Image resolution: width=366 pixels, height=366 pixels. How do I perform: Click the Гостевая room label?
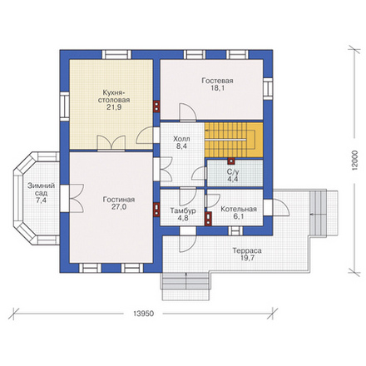click(x=217, y=81)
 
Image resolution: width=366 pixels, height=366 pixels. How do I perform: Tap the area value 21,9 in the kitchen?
click(x=114, y=107)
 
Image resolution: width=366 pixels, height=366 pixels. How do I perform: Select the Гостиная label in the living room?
click(x=119, y=200)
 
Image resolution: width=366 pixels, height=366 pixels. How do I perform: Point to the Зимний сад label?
click(x=41, y=190)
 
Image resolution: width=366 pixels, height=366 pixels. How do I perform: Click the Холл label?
click(x=181, y=139)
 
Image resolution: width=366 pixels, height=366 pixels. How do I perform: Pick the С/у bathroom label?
click(x=233, y=172)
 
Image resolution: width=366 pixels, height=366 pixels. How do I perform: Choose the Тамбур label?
click(x=183, y=210)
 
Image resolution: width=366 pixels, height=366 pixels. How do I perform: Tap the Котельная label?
click(x=239, y=209)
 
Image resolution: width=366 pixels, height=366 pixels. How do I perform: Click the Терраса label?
click(x=247, y=250)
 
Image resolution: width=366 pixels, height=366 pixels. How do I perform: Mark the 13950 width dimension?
click(x=143, y=314)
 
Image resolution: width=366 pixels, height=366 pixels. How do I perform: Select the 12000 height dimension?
click(x=356, y=161)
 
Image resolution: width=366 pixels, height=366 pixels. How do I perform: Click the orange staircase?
click(x=234, y=140)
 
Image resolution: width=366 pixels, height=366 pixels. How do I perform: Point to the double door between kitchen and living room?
click(x=111, y=143)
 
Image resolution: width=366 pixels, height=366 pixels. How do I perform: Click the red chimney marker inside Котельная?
click(x=208, y=218)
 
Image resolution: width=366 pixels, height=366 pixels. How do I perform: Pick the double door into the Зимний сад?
click(x=72, y=199)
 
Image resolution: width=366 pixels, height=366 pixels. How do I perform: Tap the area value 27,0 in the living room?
click(x=119, y=207)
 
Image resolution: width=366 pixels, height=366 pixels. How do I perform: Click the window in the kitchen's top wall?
click(x=116, y=54)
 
